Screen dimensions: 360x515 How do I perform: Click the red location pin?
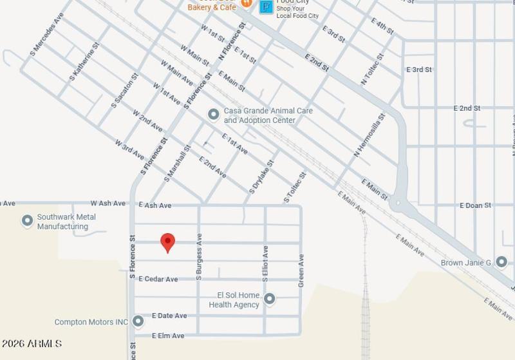(167, 242)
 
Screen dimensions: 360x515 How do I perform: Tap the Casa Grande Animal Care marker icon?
(213, 115)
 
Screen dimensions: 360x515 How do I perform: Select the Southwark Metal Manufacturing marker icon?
(27, 222)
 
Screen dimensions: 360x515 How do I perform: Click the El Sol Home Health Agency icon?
(270, 298)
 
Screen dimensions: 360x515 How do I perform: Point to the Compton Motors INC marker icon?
(138, 321)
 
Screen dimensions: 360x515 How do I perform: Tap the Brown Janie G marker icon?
(501, 261)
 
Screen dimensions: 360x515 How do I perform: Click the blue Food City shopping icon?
(265, 7)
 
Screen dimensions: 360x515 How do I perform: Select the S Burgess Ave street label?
(199, 256)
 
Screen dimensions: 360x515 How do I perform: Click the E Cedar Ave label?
(158, 279)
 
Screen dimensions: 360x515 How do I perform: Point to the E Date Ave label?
(169, 316)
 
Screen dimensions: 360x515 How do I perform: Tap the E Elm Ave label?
(168, 336)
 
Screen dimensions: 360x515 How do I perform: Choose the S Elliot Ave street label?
(265, 263)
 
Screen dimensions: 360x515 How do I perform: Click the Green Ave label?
(301, 270)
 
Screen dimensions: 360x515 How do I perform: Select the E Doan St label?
(475, 205)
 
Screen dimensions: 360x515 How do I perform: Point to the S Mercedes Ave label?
(47, 33)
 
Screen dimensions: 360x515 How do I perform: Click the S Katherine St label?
(85, 62)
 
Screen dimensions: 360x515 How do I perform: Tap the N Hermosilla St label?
(369, 135)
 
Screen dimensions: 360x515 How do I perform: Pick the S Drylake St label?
(261, 176)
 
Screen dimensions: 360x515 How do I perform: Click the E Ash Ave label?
(155, 205)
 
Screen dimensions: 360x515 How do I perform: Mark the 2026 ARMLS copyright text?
(32, 344)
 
